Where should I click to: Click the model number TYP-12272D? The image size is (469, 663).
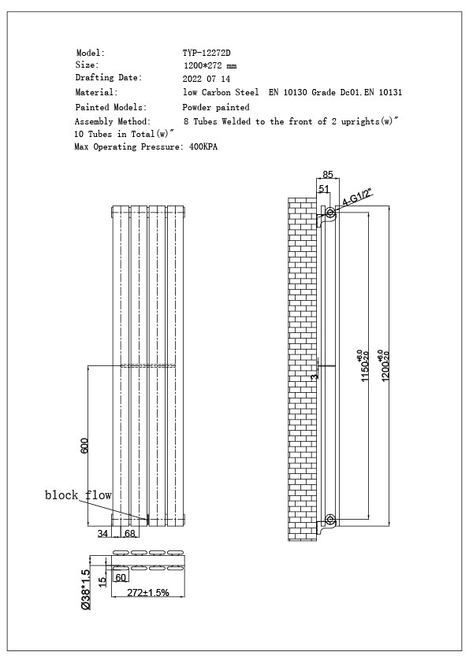(207, 53)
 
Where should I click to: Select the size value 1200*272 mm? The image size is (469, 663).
(210, 66)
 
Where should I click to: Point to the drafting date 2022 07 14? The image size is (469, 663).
(207, 80)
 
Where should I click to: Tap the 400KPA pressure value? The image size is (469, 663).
(203, 147)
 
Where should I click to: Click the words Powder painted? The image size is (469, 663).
(216, 107)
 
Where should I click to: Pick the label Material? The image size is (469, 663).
(96, 93)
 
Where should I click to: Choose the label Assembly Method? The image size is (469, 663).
(112, 122)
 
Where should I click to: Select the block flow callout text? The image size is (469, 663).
(78, 495)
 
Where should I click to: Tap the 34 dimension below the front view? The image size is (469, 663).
(103, 534)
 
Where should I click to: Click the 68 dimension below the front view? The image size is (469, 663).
(130, 534)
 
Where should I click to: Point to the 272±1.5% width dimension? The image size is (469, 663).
(148, 593)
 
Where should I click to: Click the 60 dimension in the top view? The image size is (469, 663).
(121, 578)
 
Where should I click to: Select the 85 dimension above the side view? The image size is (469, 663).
(328, 175)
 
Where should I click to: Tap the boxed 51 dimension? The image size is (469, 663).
(324, 189)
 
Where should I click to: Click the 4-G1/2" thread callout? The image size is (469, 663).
(355, 197)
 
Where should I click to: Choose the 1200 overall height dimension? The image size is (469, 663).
(384, 365)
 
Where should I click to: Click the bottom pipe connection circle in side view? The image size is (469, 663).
(329, 520)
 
